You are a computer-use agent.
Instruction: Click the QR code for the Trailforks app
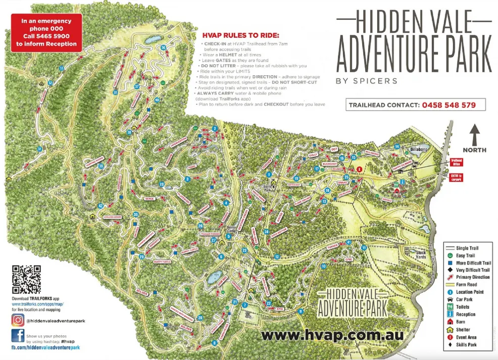(x=26, y=280)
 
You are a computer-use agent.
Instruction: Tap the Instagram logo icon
(x=18, y=320)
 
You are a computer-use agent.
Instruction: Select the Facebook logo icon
(x=18, y=336)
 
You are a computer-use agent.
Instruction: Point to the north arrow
(x=474, y=134)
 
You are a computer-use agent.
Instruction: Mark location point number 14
(x=397, y=146)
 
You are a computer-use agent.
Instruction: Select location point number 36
(x=163, y=47)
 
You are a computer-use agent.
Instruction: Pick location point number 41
(x=348, y=242)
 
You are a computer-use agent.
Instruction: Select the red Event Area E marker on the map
(x=359, y=169)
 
